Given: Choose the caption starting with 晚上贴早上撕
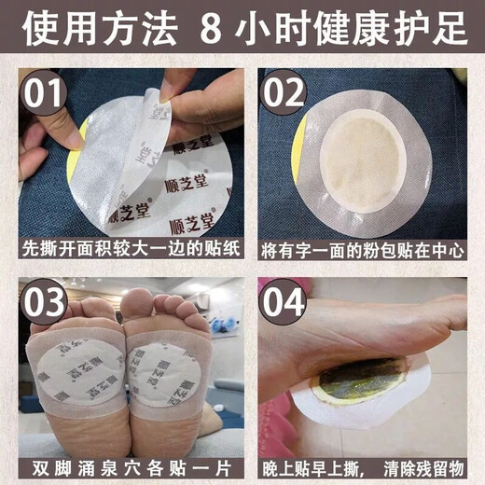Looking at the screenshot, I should [x=364, y=465].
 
